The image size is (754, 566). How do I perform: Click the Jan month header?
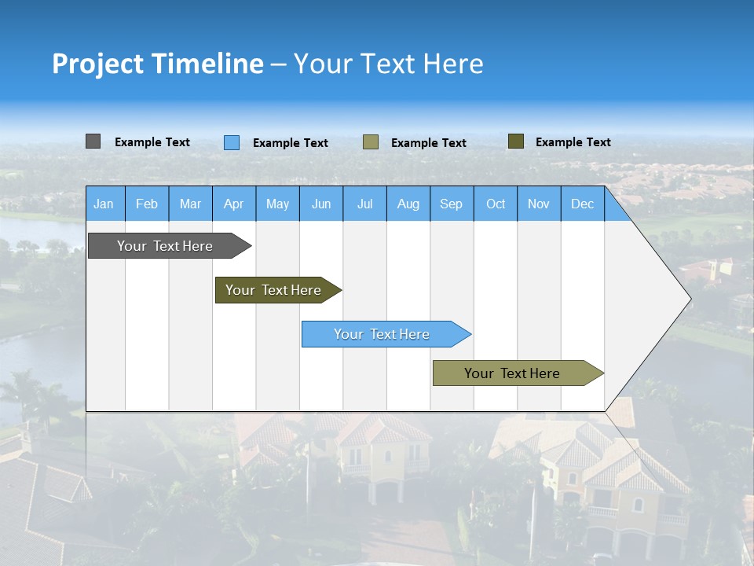click(x=104, y=204)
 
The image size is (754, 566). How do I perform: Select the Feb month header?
click(x=147, y=204)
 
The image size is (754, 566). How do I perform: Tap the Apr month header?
click(x=234, y=204)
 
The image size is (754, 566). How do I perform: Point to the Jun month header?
click(x=321, y=204)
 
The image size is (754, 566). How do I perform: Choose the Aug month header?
click(x=408, y=204)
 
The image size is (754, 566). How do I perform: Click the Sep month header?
click(x=452, y=204)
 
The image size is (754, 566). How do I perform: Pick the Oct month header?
click(x=496, y=204)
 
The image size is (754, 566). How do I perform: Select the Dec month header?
click(x=583, y=204)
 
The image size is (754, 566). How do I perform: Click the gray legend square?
click(x=93, y=141)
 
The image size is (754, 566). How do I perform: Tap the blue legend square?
click(x=231, y=142)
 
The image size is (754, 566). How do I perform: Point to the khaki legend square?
click(x=371, y=142)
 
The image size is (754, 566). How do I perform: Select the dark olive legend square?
click(x=515, y=141)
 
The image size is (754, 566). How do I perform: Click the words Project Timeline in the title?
click(x=157, y=64)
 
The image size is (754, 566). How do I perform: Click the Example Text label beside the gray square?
click(x=152, y=142)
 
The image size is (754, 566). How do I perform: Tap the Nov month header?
click(x=539, y=204)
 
